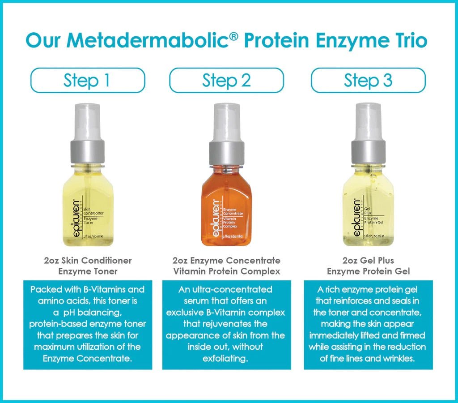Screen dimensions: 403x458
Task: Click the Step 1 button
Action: tap(87, 81)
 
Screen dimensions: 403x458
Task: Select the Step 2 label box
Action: tap(226, 81)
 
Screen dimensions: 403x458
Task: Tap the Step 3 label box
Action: tap(368, 81)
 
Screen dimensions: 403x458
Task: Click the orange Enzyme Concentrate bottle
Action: tap(227, 210)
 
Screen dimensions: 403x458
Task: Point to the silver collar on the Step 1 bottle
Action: tap(88, 153)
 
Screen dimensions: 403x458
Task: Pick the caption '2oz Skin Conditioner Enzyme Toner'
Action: tap(88, 266)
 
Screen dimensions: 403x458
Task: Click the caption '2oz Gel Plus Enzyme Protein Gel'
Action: tap(368, 266)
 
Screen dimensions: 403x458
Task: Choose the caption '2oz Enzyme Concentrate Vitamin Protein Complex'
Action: tap(227, 266)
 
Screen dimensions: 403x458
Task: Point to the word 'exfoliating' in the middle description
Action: tap(226, 358)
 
